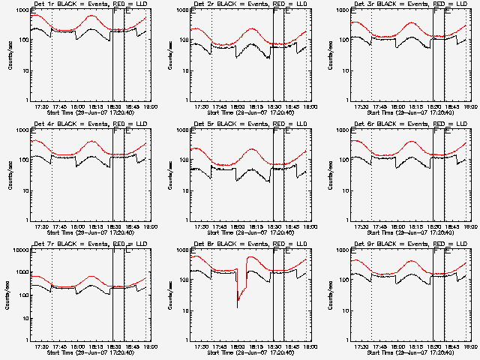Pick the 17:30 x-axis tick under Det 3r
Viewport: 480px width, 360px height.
pos(361,106)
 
